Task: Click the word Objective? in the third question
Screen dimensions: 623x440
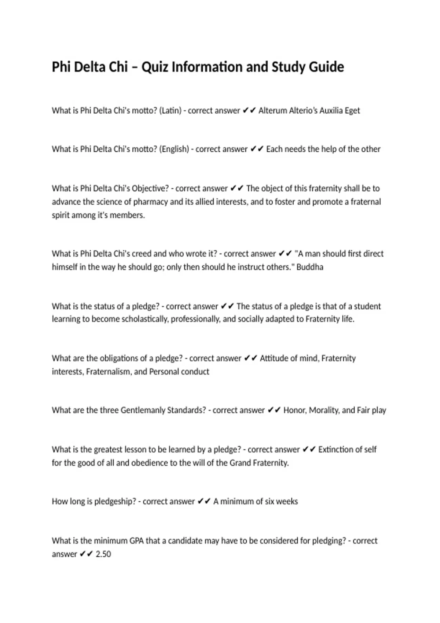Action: coord(150,188)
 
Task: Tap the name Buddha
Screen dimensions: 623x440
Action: coord(310,267)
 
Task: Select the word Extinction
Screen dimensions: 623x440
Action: coord(336,450)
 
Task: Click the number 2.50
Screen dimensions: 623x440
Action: coord(103,554)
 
